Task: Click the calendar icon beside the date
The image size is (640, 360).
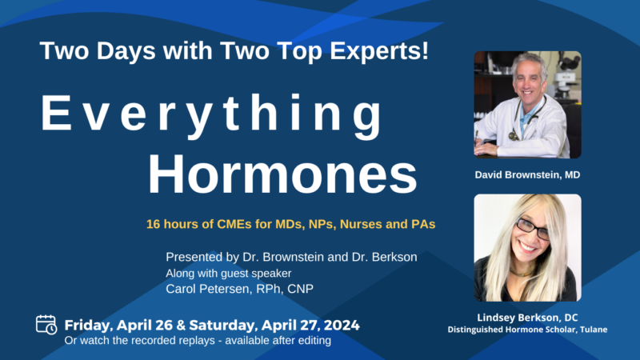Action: [x=46, y=324]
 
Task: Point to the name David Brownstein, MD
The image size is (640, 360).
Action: [x=527, y=173]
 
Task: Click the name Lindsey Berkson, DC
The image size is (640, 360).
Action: [x=527, y=317]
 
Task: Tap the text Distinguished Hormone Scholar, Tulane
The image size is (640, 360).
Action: [x=527, y=330]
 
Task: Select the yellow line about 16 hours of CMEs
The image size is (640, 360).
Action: [x=290, y=225]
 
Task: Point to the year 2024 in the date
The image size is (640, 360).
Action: [x=339, y=325]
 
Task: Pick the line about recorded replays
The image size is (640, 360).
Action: [x=198, y=340]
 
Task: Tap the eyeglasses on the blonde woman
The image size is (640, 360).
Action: [x=532, y=227]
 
